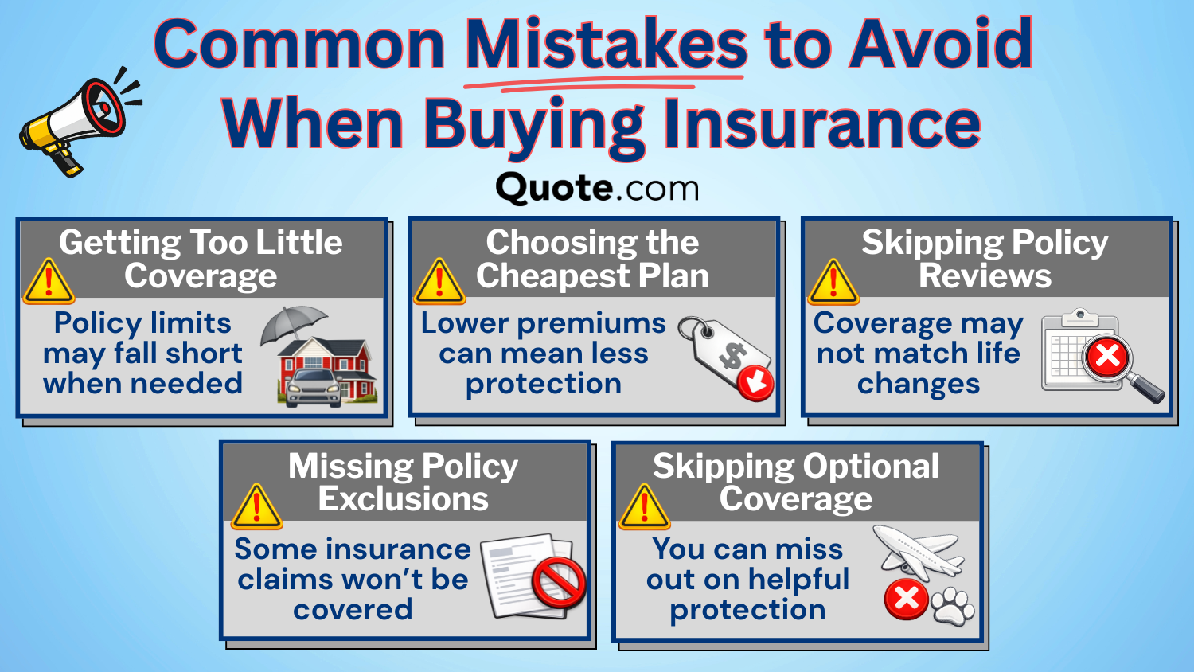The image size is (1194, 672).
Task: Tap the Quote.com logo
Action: (597, 189)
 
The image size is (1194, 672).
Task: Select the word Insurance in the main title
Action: (821, 123)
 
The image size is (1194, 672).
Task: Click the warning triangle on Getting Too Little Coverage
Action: (49, 283)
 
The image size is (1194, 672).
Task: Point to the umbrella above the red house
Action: (294, 322)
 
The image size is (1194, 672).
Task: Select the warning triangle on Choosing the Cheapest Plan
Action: (439, 283)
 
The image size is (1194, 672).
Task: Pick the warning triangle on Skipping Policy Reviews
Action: (833, 283)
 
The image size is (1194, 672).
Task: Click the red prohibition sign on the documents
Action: (558, 582)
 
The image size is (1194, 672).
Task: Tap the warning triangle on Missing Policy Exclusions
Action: (256, 508)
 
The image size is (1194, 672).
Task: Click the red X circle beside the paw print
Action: (906, 599)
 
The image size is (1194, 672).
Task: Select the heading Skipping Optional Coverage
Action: (796, 483)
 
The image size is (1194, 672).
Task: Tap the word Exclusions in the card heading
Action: (403, 499)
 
